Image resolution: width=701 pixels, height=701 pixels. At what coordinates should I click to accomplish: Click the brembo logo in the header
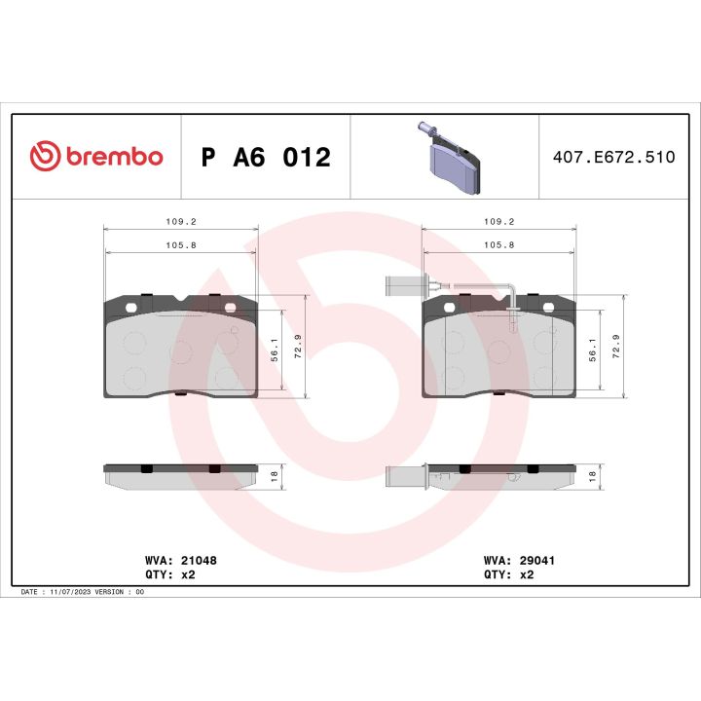click(x=96, y=156)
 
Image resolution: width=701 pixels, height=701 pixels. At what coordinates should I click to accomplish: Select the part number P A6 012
click(x=265, y=157)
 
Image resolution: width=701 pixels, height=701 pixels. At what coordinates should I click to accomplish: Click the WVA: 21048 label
click(x=180, y=561)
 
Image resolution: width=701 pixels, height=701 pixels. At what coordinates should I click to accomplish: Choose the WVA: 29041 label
click(x=519, y=561)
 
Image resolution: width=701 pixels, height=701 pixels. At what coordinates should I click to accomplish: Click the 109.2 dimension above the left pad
click(x=181, y=221)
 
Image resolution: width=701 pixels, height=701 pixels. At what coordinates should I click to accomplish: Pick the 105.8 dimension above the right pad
click(x=498, y=244)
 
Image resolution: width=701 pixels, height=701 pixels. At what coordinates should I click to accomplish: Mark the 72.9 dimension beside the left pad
click(x=299, y=347)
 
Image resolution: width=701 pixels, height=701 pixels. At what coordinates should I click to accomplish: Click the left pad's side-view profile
click(x=181, y=474)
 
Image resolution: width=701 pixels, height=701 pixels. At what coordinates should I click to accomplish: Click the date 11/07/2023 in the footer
click(x=71, y=592)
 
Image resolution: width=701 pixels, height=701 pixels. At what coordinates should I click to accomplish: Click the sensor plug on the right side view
click(x=402, y=477)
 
